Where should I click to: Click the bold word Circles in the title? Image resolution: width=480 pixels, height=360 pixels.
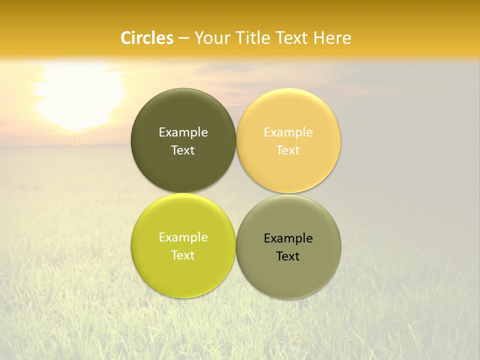coord(147,38)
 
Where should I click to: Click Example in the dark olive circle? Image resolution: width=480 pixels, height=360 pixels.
coord(183,132)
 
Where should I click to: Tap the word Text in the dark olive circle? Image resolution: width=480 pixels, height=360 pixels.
coord(183,150)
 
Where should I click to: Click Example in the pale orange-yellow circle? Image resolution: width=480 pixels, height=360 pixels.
coord(288,132)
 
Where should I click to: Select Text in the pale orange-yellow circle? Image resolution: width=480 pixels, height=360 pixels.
coord(288,150)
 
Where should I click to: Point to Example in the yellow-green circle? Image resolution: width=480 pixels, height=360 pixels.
coord(183,237)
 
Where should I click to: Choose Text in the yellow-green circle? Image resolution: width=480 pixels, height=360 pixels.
coord(183,255)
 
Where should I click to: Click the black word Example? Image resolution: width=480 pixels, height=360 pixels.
coord(288,238)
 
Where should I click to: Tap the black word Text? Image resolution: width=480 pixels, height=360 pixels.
coord(288,256)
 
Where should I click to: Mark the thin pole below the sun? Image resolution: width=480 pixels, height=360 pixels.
coord(74,139)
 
